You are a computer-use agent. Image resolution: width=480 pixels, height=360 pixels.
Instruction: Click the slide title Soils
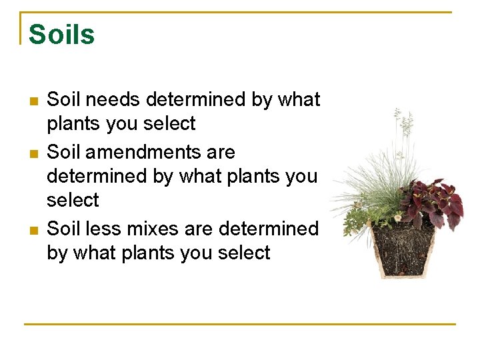pyautogui.click(x=62, y=35)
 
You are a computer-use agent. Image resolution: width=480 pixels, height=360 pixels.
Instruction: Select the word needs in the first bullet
pyautogui.click(x=113, y=100)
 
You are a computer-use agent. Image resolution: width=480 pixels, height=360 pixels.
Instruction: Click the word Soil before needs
pyautogui.click(x=64, y=100)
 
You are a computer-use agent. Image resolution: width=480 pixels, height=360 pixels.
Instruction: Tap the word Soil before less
pyautogui.click(x=64, y=229)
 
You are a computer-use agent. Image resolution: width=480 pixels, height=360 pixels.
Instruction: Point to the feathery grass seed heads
pyautogui.click(x=402, y=123)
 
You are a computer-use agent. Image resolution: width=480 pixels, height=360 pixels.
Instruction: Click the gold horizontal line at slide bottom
pyautogui.click(x=240, y=324)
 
